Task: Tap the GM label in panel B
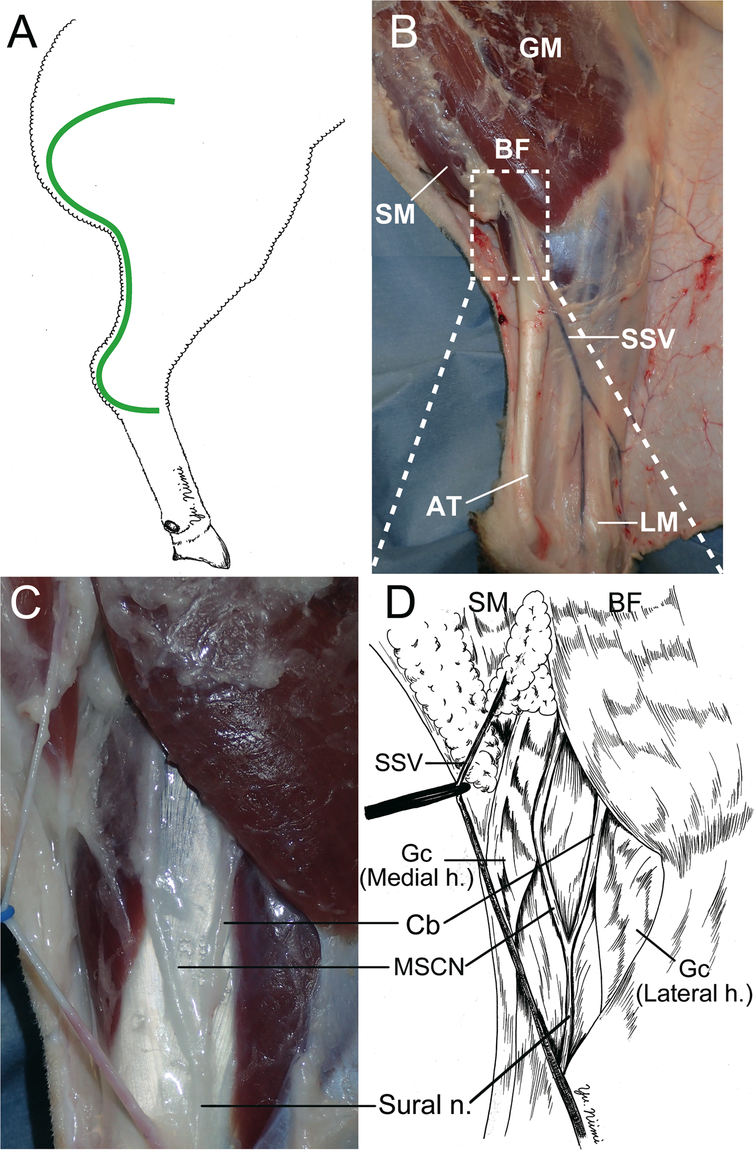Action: point(541,49)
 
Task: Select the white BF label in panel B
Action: point(512,150)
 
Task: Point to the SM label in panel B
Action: point(395,215)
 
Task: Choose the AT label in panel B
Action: point(444,506)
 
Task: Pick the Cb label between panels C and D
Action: point(422,925)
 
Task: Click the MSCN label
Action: point(429,967)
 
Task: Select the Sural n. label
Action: point(425,1105)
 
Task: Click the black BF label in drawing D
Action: point(624,604)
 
